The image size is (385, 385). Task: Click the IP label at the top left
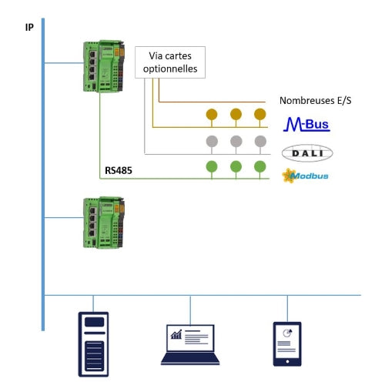[x=30, y=27]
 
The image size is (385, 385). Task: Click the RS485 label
[x=119, y=170]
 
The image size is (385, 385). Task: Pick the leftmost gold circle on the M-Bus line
[x=211, y=115]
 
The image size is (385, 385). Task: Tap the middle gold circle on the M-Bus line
[x=236, y=115]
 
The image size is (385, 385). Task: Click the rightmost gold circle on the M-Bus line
[x=260, y=115]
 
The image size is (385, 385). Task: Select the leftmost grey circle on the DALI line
[x=211, y=141]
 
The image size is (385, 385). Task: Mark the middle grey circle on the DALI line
[x=236, y=141]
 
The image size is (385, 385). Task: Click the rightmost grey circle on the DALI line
[x=260, y=141]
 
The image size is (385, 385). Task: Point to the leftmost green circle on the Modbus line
[x=211, y=166]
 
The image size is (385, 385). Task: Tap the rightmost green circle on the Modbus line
[x=260, y=166]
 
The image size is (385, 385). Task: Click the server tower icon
[x=94, y=342]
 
